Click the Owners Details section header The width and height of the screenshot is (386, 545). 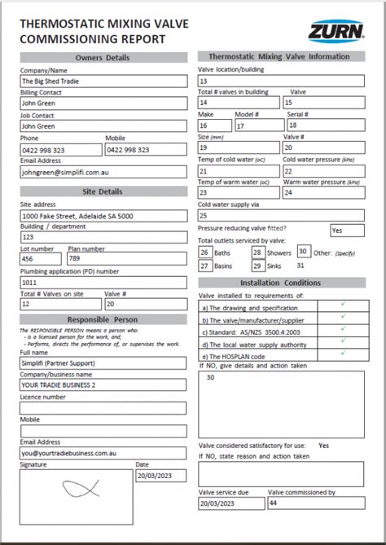(x=102, y=58)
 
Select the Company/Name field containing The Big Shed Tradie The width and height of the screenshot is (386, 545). (x=102, y=81)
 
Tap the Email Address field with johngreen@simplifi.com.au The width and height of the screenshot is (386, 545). (x=102, y=172)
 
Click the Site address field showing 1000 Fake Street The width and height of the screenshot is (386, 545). (x=102, y=215)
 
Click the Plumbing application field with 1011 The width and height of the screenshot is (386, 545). (x=102, y=281)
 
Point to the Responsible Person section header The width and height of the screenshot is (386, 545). (x=102, y=319)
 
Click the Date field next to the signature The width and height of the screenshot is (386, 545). (x=160, y=475)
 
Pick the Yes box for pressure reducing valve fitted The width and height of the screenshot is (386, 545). (x=347, y=231)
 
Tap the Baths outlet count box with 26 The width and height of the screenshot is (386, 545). (x=205, y=253)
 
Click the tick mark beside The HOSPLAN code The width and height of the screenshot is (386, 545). (x=344, y=354)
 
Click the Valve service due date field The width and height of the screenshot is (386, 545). (x=230, y=503)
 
